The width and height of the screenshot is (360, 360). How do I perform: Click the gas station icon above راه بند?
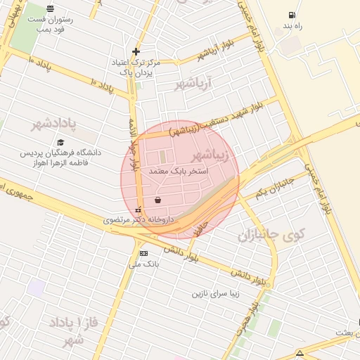point(290,15)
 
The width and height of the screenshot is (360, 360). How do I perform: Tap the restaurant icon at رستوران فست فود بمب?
point(50,8)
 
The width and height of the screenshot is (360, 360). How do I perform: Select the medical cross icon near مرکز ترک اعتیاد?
point(136,51)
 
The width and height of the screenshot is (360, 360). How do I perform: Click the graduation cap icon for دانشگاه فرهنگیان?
point(60,142)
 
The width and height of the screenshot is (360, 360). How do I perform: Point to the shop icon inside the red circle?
point(156,200)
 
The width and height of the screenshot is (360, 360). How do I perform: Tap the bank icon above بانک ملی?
point(144,253)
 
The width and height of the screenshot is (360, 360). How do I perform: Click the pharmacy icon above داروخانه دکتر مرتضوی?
point(138,209)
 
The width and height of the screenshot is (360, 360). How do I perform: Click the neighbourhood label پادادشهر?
point(53,124)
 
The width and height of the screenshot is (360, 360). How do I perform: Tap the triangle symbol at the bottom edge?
point(300,353)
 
